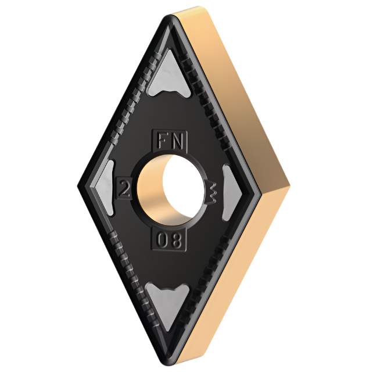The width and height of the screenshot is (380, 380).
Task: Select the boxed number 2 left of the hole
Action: coord(123,188)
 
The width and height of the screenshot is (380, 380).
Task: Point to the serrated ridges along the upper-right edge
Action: coord(209,105)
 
